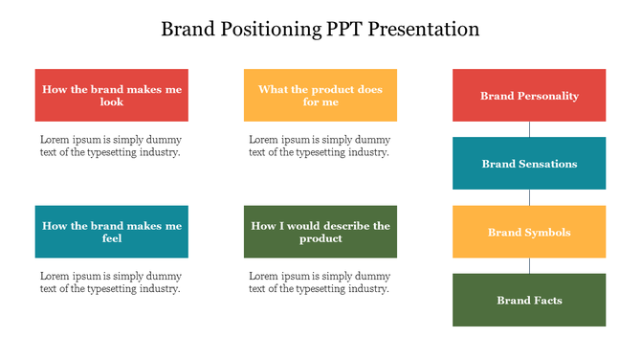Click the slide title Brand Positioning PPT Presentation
(x=320, y=29)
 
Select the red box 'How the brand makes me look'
(x=111, y=95)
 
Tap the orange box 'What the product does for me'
(x=320, y=95)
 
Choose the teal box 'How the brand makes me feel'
(x=111, y=232)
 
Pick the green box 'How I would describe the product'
(x=320, y=232)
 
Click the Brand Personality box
(x=529, y=95)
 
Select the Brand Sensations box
(x=529, y=164)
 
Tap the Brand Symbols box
(x=529, y=232)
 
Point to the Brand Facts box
(x=529, y=300)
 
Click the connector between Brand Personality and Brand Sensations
(x=529, y=129)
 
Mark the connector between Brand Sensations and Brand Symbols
(x=529, y=197)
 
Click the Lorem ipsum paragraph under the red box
(x=110, y=146)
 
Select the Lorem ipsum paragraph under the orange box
(x=320, y=146)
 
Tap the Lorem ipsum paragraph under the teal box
(x=110, y=281)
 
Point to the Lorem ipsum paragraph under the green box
(x=320, y=281)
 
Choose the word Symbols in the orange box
(x=547, y=233)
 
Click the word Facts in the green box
(x=546, y=301)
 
